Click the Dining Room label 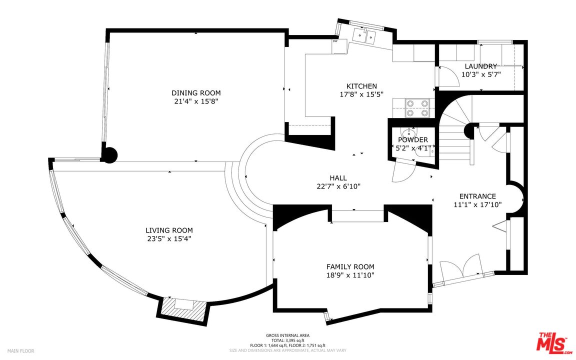coord(196,93)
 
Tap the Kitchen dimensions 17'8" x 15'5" coord(361,94)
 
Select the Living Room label coord(169,230)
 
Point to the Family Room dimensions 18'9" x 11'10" coord(350,275)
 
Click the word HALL coord(338,178)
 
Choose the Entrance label coord(477,196)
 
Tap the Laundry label coord(481,66)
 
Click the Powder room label coord(413,140)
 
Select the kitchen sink coord(365,36)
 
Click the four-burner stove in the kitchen coord(417,108)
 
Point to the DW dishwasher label coord(335,41)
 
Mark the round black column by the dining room coord(109,155)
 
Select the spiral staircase coord(455,132)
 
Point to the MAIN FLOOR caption coord(21,351)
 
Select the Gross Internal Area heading coord(287,335)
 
